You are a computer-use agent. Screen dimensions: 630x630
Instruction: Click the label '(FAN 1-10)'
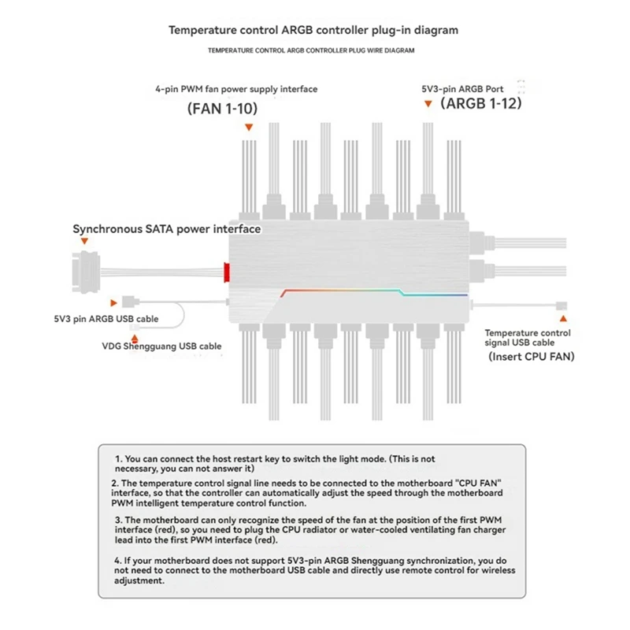[x=222, y=108]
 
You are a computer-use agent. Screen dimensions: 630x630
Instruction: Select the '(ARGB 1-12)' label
[x=481, y=102]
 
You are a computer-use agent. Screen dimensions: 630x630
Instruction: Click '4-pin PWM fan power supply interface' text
[x=236, y=89]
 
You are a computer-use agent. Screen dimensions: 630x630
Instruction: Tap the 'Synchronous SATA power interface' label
[x=166, y=229]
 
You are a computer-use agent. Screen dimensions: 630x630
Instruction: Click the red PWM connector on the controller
[x=226, y=272]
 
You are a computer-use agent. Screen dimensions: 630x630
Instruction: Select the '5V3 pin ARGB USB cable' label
[x=100, y=319]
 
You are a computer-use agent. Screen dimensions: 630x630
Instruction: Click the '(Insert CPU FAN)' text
[x=531, y=357]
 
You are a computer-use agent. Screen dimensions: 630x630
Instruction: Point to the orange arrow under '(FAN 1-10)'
[x=249, y=127]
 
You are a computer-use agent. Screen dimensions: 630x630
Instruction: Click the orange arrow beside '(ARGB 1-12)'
[x=428, y=103]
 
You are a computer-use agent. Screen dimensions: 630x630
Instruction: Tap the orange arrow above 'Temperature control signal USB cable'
[x=562, y=319]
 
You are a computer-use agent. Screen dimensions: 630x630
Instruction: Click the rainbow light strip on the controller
[x=370, y=291]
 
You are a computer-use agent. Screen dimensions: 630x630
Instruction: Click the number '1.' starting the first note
[x=119, y=458]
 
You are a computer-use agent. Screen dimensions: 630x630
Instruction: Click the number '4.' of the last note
[x=117, y=560]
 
